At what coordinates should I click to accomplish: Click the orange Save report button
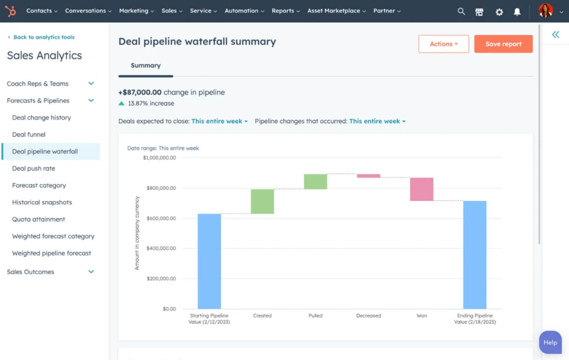coord(503,44)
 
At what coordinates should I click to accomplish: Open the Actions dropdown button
coord(443,44)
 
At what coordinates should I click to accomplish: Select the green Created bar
coord(262,202)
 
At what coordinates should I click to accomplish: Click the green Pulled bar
coord(315,182)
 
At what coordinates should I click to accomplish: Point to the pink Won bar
coord(421,189)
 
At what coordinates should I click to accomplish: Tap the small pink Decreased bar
coord(369,176)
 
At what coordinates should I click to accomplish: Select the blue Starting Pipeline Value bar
coord(209,261)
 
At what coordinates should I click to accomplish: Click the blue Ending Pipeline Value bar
coord(475,255)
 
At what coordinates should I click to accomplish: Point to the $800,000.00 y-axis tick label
coord(161,188)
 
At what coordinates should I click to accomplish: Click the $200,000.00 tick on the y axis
coord(161,279)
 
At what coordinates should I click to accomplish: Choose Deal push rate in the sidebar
coord(33,168)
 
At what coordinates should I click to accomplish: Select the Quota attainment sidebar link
coord(39,219)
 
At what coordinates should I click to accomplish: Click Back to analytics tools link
coord(44,37)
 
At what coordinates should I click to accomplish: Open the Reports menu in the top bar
coord(285,11)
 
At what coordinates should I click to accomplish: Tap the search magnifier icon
coord(461,11)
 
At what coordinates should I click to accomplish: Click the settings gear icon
coord(499,12)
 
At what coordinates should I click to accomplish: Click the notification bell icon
coord(517,12)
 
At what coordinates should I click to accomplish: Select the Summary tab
coord(146,65)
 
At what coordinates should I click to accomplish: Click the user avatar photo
coord(545,11)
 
